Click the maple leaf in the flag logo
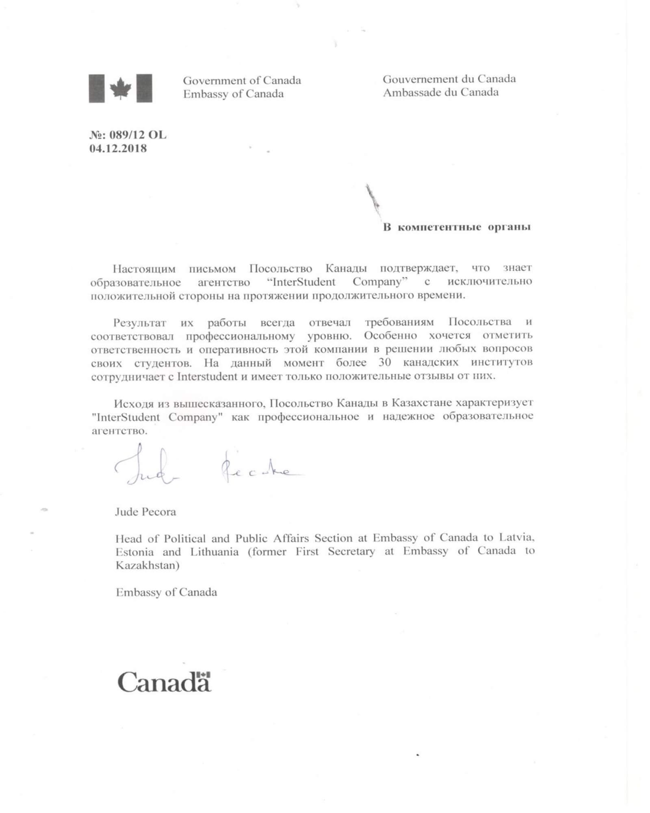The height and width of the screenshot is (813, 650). click(x=121, y=88)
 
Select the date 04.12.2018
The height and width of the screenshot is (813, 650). click(x=118, y=148)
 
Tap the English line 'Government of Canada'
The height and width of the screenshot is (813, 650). click(x=242, y=80)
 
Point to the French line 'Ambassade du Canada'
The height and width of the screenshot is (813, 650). click(x=440, y=92)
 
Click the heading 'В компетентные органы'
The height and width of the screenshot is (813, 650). click(x=457, y=227)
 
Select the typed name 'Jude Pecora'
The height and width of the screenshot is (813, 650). click(x=145, y=511)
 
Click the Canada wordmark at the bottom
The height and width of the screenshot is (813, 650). click(x=164, y=682)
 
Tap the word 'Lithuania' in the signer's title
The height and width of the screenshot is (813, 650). click(x=214, y=552)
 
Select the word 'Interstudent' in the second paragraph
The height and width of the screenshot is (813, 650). click(x=207, y=376)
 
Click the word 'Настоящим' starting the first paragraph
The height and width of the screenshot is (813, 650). click(x=144, y=269)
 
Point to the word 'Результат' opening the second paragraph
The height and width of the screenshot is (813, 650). click(x=140, y=323)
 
